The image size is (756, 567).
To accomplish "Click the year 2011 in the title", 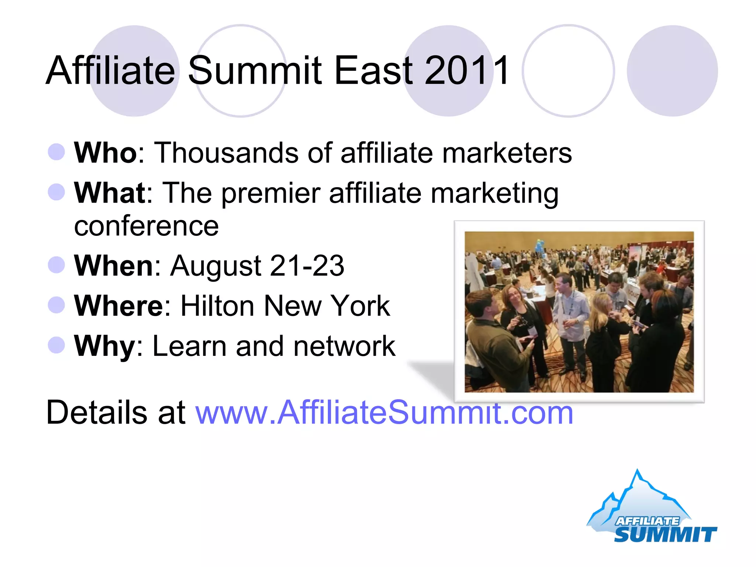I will [x=467, y=70].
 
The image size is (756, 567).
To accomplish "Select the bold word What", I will [x=110, y=193].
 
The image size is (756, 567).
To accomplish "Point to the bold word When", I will [x=114, y=265].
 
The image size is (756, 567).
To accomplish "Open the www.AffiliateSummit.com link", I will [x=384, y=412].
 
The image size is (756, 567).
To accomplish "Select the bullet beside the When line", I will [x=56, y=265].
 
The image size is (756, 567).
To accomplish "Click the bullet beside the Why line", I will [x=56, y=345].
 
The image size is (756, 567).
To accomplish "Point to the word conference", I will [x=146, y=226].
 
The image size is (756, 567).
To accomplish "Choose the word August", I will [x=216, y=266].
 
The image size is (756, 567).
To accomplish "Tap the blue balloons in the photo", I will [x=540, y=245].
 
